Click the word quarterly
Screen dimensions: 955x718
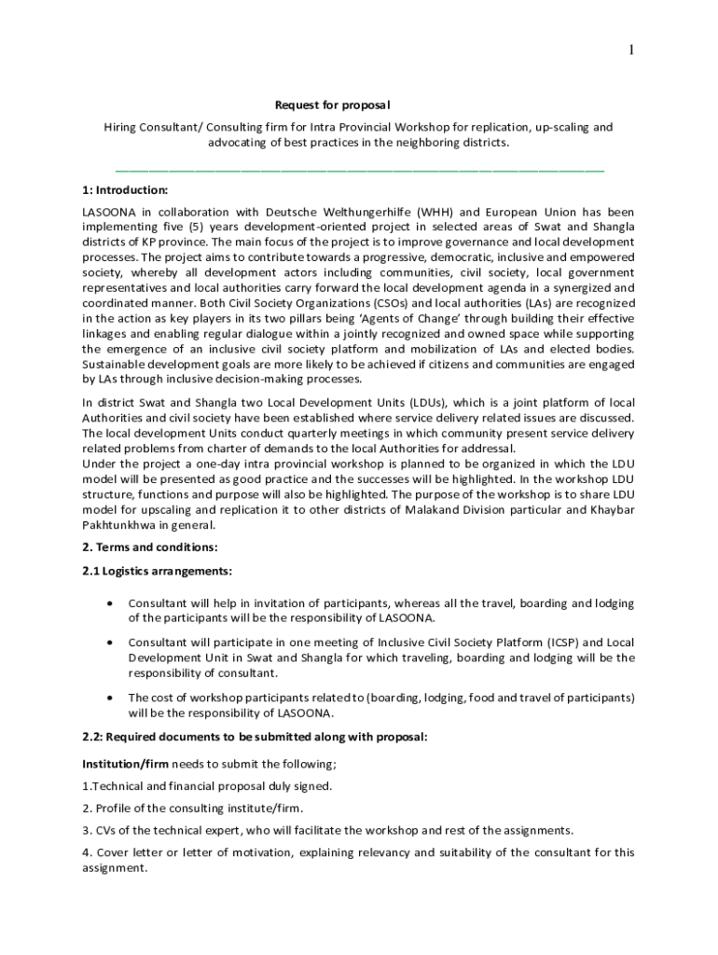pos(346,434)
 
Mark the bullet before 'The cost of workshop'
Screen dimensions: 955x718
pos(112,697)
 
